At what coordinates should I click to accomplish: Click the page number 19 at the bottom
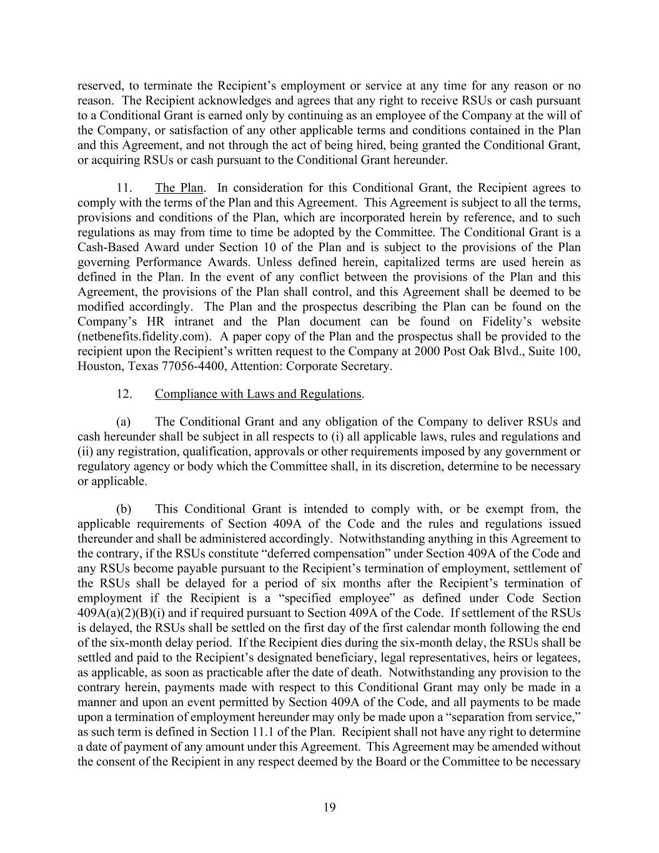329,807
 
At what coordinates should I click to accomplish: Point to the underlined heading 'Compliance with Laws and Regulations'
258,394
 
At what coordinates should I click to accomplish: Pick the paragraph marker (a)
123,422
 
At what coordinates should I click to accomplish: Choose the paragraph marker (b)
124,509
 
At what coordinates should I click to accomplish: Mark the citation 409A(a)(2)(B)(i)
121,613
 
